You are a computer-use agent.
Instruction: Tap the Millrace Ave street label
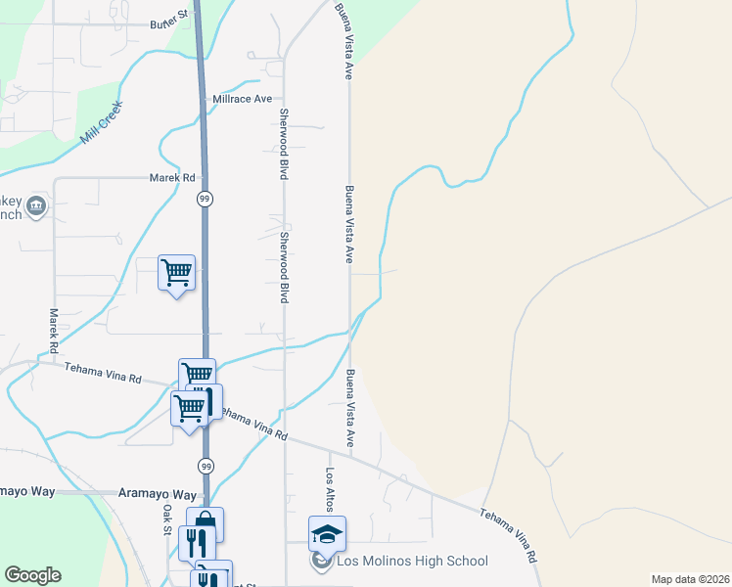(242, 100)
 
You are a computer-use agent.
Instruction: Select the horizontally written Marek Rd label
(172, 178)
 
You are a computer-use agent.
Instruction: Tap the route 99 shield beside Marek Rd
(204, 199)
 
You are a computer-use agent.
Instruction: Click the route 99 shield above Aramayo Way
(205, 467)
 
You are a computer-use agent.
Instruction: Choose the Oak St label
(167, 519)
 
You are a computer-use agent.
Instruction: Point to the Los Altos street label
(331, 489)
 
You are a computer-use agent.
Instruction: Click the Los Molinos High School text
(412, 562)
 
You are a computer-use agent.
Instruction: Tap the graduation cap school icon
(327, 533)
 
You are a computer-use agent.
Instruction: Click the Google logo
(32, 575)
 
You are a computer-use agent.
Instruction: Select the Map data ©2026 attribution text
(690, 579)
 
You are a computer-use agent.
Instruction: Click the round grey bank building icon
(36, 205)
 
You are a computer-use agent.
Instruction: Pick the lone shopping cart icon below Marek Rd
(177, 272)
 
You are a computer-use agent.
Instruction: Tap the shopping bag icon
(206, 521)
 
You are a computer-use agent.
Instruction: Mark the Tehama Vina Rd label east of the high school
(509, 534)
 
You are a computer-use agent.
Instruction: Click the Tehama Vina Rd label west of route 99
(103, 373)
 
